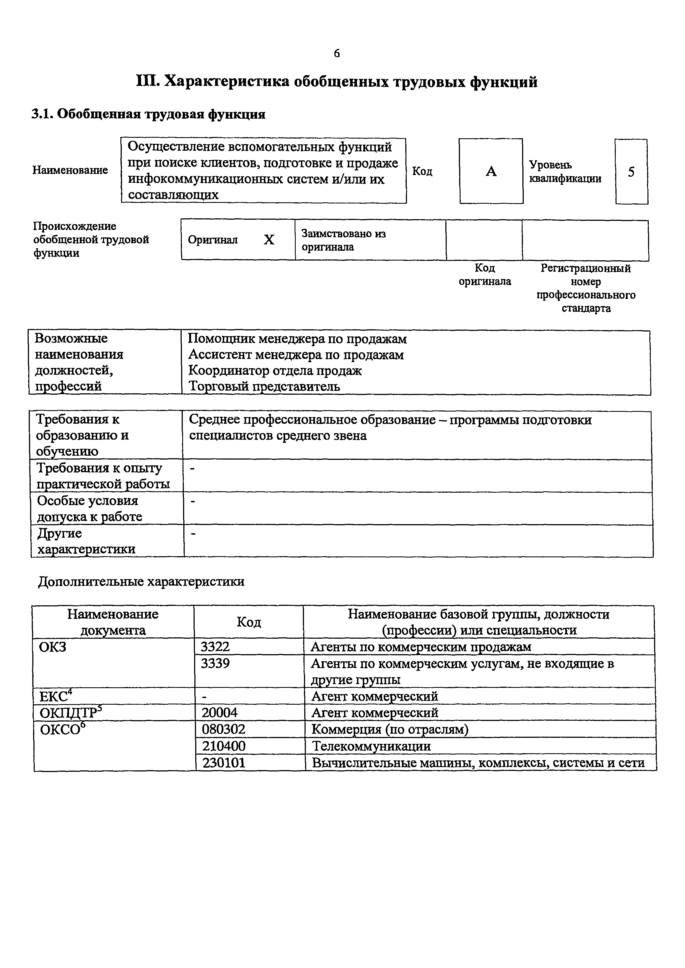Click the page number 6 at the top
pyautogui.click(x=337, y=54)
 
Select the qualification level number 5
pyautogui.click(x=631, y=172)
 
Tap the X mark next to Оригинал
pyautogui.click(x=269, y=240)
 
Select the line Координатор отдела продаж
pyautogui.click(x=275, y=371)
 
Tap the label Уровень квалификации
pyautogui.click(x=565, y=172)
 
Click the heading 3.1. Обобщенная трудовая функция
pyautogui.click(x=149, y=114)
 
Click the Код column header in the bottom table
pyautogui.click(x=248, y=622)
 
